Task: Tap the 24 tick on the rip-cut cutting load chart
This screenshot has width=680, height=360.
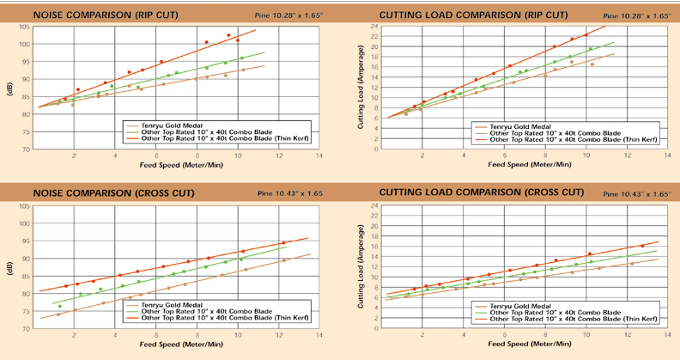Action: tap(375, 27)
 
